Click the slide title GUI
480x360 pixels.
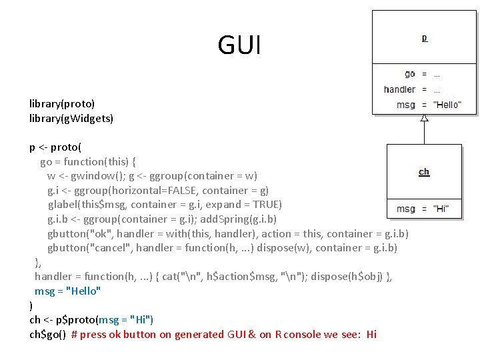239,45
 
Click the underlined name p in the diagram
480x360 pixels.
424,38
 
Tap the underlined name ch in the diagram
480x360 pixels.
424,172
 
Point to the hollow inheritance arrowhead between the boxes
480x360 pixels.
424,118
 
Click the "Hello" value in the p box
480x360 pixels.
447,105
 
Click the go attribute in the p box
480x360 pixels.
409,74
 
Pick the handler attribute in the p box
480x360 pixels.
399,89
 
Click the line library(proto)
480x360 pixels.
62,103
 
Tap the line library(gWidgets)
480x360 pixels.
71,118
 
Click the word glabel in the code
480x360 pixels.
62,205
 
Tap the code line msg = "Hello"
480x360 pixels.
68,291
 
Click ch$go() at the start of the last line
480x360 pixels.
47,335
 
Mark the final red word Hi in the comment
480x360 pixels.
371,335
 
